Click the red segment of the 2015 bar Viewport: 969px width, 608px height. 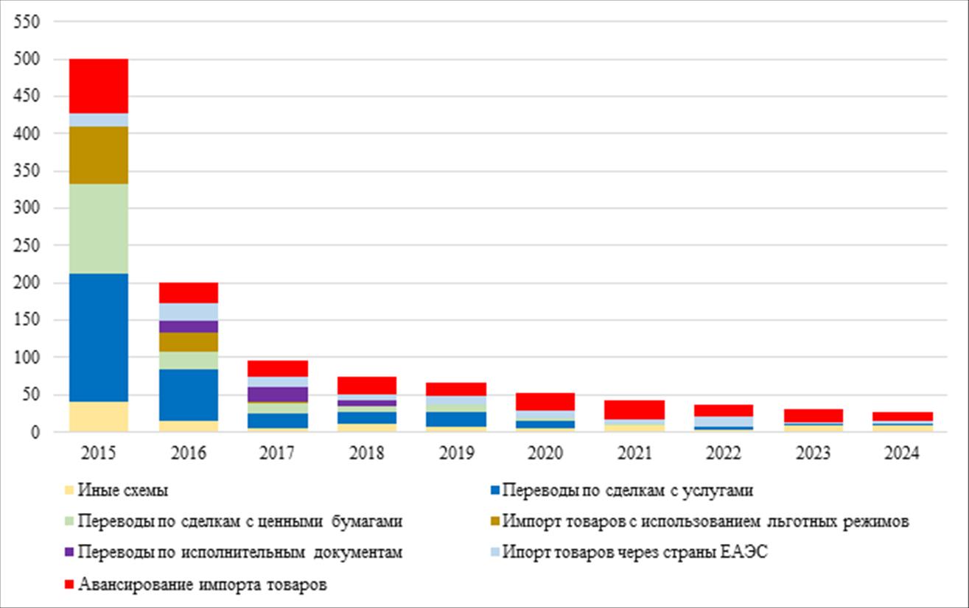98,85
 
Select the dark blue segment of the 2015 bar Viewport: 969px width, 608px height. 98,337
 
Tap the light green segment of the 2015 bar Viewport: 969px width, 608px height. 98,228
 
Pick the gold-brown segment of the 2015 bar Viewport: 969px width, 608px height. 98,155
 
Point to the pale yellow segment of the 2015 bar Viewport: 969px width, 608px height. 98,417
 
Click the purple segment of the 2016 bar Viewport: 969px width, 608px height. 188,326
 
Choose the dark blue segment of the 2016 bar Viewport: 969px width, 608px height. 188,395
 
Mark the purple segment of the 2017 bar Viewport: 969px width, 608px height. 278,394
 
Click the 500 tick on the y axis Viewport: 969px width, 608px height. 27,59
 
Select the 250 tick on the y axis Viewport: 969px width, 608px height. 27,246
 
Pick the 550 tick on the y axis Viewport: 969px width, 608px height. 27,21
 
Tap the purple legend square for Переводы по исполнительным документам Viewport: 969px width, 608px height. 69,553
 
